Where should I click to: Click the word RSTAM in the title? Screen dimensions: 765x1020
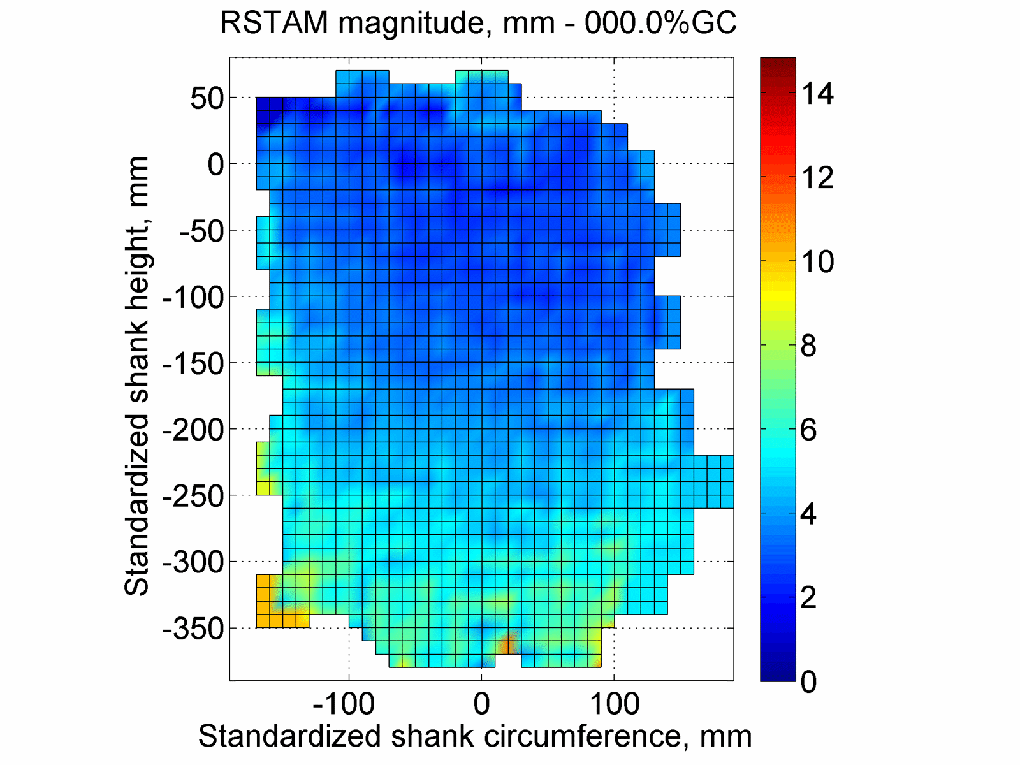[x=275, y=24]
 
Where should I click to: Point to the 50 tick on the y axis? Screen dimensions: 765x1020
[x=207, y=99]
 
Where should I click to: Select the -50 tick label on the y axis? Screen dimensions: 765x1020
[x=201, y=231]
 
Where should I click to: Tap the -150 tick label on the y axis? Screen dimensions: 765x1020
[x=194, y=364]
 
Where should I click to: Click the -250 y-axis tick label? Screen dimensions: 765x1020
[x=194, y=497]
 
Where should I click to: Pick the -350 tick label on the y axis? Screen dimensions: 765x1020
[x=194, y=629]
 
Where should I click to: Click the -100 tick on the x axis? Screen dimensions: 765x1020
[x=344, y=704]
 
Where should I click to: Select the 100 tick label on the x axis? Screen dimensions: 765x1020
[x=614, y=704]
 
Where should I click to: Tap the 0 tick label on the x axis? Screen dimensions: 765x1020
[x=482, y=704]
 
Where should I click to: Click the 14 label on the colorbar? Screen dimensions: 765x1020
[x=817, y=94]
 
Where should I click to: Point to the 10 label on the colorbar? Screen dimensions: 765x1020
[x=817, y=262]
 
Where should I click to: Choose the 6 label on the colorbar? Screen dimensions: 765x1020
[x=808, y=430]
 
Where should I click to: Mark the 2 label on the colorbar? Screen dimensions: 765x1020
[x=808, y=598]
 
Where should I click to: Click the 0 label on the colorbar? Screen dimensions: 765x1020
[x=808, y=682]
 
